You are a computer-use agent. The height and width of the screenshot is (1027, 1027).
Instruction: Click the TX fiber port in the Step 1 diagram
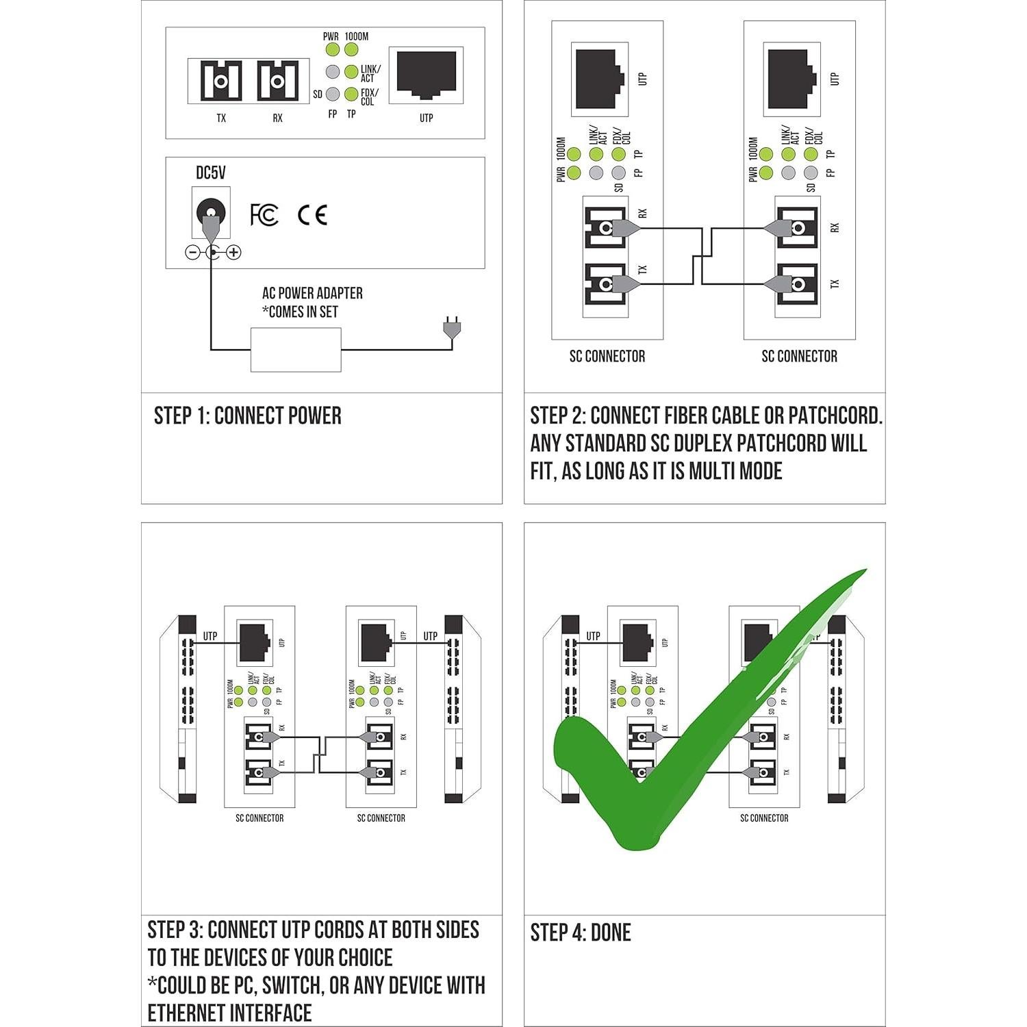tap(220, 81)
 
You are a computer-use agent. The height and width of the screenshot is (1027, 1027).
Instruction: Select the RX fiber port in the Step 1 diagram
tap(277, 81)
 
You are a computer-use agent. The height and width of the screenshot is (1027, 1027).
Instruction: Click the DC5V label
tap(210, 173)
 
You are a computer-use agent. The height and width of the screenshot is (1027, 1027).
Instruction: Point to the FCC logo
tap(264, 215)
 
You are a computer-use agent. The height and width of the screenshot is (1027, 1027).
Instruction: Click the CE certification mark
tap(312, 215)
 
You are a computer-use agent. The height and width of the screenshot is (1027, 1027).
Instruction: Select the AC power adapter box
tap(296, 350)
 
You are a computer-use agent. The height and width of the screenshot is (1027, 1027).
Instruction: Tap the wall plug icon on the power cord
tap(451, 328)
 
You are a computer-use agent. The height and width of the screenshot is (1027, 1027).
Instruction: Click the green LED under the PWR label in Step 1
tap(332, 49)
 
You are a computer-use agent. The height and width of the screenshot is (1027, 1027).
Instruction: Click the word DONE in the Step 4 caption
tap(611, 933)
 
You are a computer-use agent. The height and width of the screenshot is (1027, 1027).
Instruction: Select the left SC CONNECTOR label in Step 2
tap(607, 356)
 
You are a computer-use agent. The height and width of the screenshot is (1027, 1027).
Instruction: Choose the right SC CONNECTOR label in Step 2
tap(799, 356)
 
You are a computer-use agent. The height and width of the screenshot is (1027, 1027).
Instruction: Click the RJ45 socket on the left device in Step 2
tap(600, 79)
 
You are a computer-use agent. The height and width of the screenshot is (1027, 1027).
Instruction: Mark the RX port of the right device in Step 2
tap(796, 227)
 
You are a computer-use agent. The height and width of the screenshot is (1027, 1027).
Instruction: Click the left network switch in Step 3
tap(186, 709)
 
